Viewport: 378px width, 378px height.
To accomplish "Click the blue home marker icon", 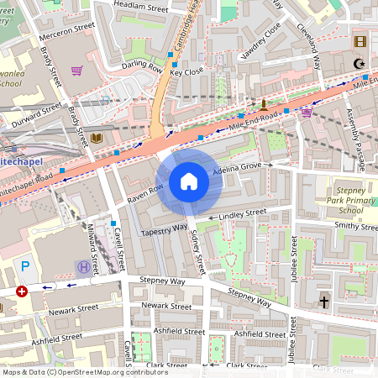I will (189, 181).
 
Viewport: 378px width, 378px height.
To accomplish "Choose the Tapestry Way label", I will (164, 229).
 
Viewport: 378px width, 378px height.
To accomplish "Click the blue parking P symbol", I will (25, 266).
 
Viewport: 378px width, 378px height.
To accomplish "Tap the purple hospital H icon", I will (83, 268).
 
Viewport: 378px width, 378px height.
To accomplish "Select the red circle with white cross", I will (22, 291).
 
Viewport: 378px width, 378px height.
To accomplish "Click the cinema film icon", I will (360, 42).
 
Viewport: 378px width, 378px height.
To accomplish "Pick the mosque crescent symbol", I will (359, 63).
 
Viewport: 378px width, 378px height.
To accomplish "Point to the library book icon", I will (97, 138).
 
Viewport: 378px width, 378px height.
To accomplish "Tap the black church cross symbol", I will (323, 301).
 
